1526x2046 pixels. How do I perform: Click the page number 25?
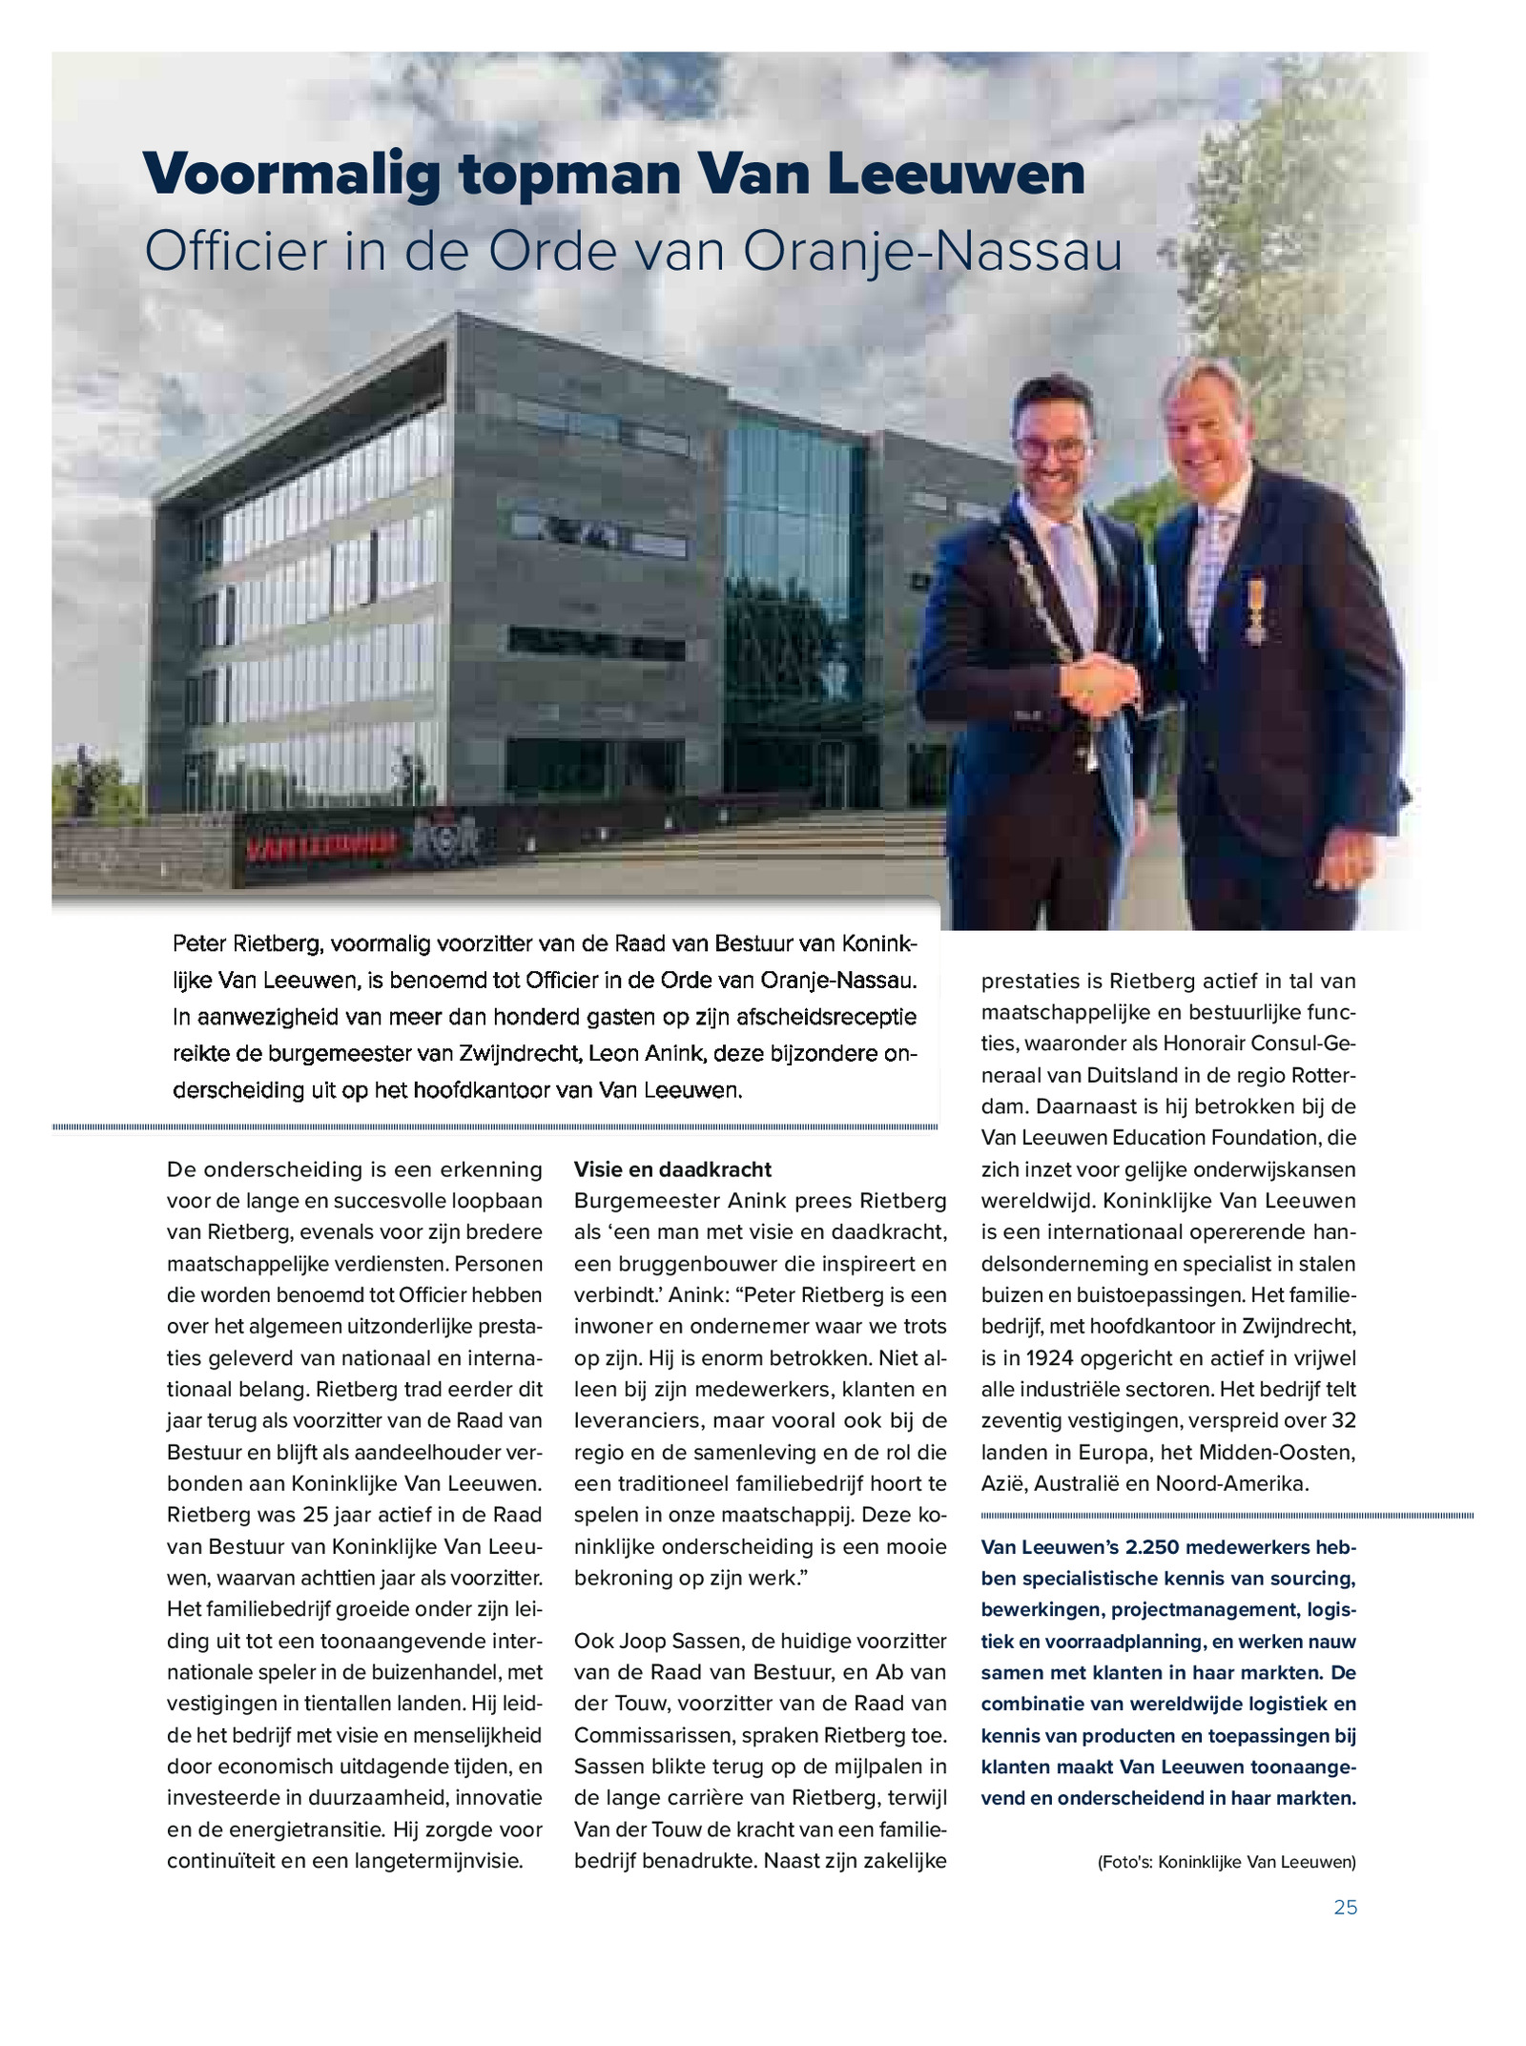pos(1345,1907)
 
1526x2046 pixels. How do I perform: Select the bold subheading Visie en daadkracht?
pos(672,1169)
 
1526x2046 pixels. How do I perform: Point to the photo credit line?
pos(1227,1861)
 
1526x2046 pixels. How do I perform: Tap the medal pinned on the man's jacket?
pos(1253,610)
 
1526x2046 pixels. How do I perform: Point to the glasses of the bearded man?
pos(1049,448)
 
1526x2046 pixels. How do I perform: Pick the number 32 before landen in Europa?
pos(1343,1420)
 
